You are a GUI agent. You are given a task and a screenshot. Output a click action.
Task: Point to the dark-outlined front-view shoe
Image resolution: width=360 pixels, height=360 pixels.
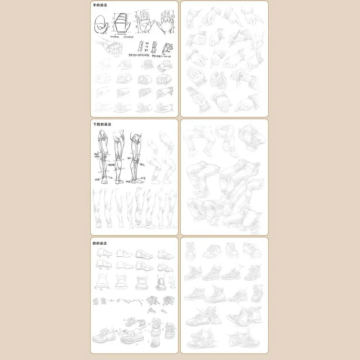[x=161, y=283]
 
